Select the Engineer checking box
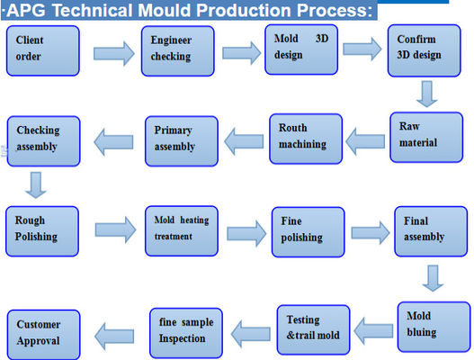pyautogui.click(x=178, y=50)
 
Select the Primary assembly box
pyautogui.click(x=181, y=140)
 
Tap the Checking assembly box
pyautogui.click(x=44, y=139)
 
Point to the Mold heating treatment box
pyautogui.click(x=181, y=230)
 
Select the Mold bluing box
pyautogui.click(x=432, y=325)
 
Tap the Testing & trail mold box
pyautogui.click(x=311, y=328)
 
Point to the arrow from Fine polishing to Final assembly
pyautogui.click(x=370, y=231)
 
